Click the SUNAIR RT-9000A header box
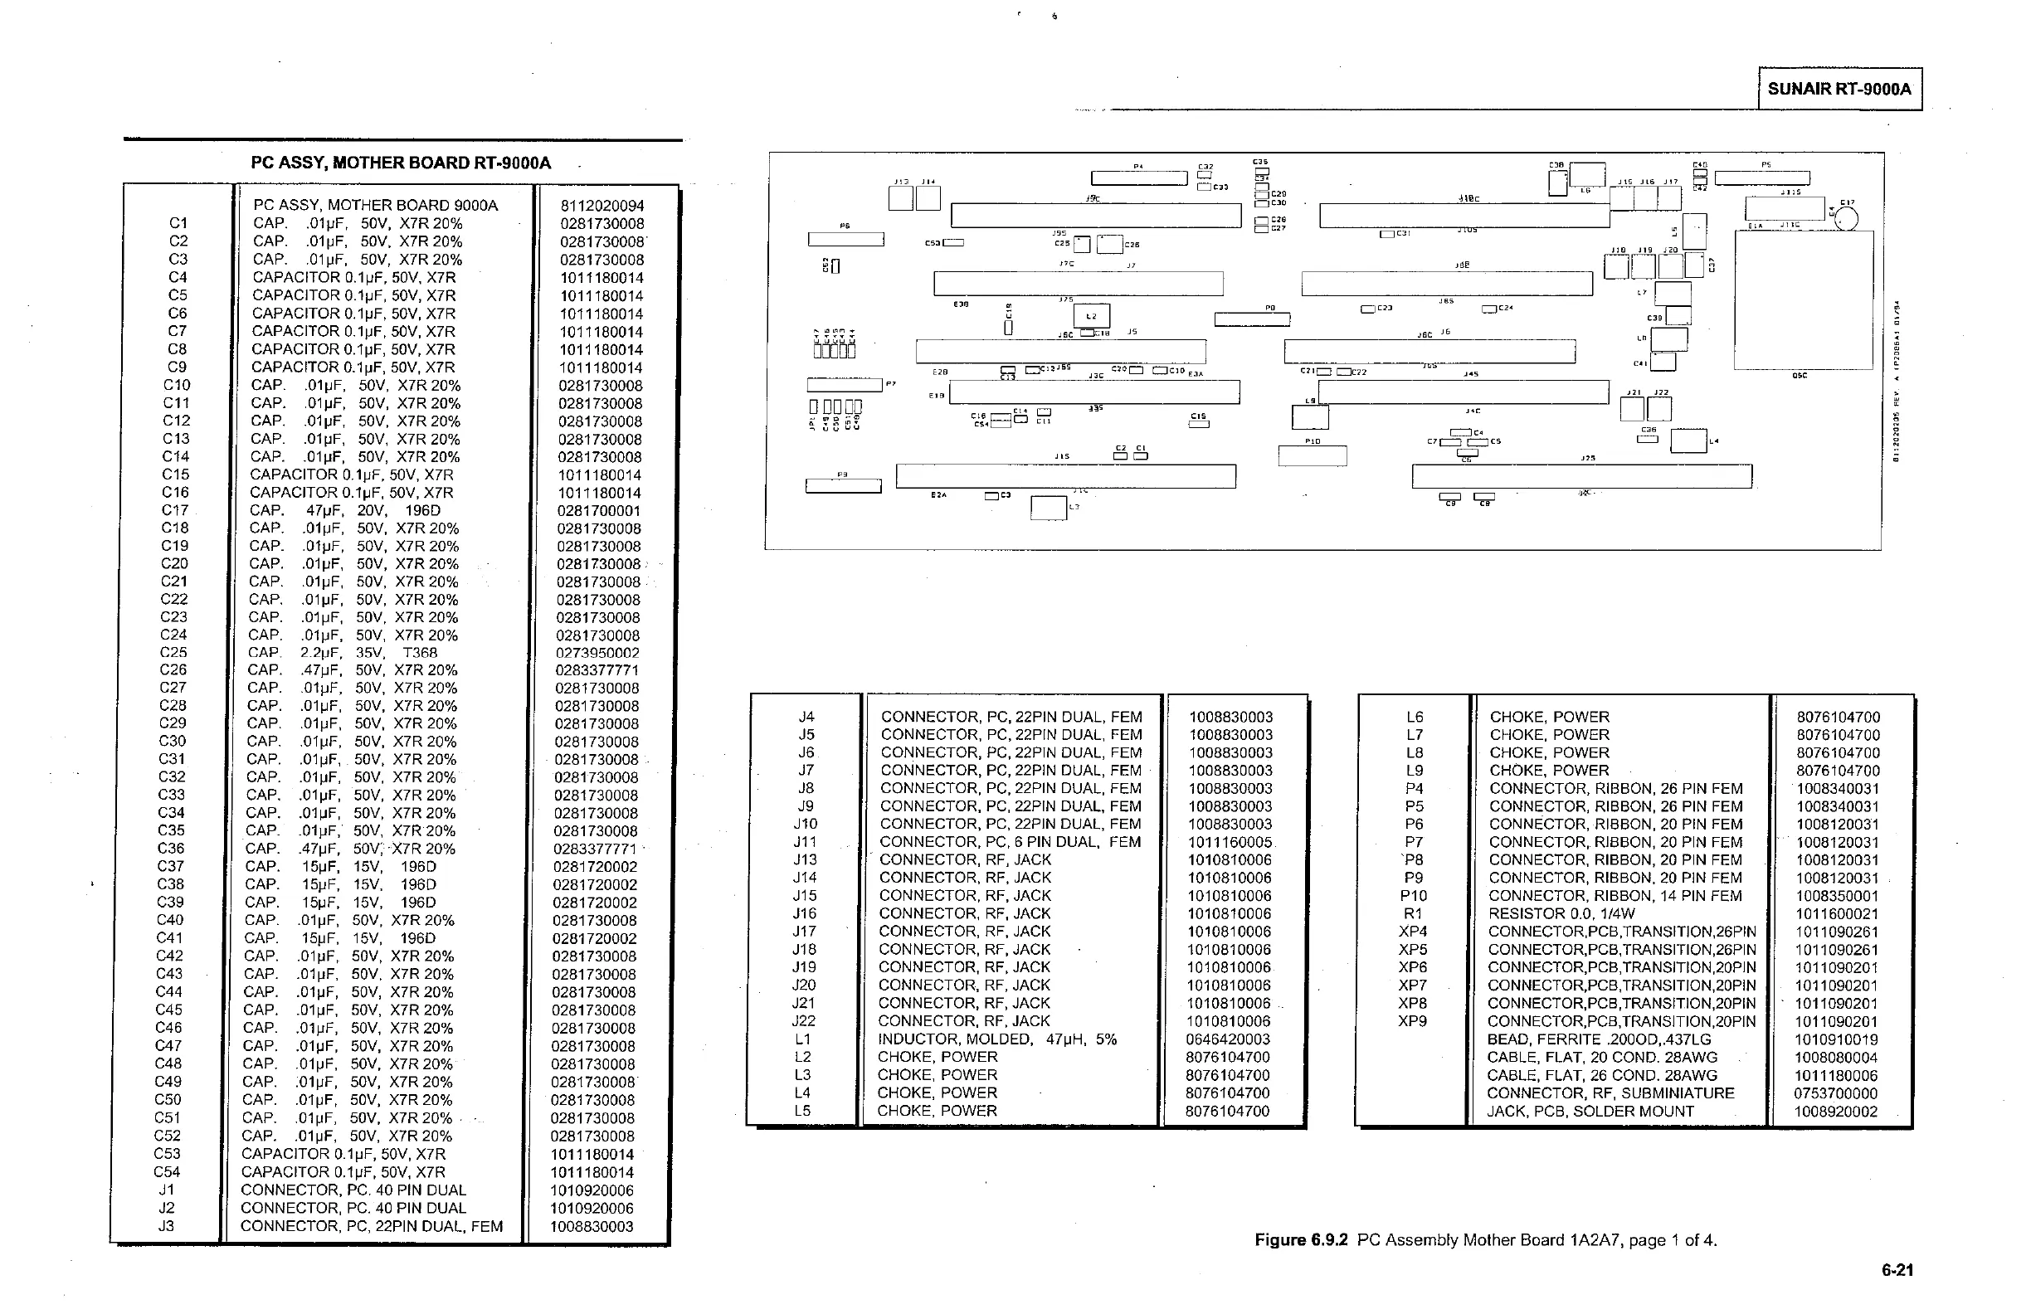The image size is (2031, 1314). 1839,89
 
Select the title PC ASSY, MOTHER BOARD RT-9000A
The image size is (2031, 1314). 400,163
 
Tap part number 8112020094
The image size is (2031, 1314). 602,206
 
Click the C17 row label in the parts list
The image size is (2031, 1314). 175,510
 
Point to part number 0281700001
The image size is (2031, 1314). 598,510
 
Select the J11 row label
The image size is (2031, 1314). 805,842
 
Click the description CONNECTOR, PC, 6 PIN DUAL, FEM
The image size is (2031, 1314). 1011,842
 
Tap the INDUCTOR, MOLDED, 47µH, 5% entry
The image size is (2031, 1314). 996,1039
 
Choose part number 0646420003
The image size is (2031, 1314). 1227,1039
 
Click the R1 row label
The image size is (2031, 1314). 1413,914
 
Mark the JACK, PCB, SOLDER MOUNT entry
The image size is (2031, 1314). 1590,1111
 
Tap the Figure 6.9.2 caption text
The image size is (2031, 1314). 1485,1240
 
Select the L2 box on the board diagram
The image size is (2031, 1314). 1092,316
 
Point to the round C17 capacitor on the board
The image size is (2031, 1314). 1846,219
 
